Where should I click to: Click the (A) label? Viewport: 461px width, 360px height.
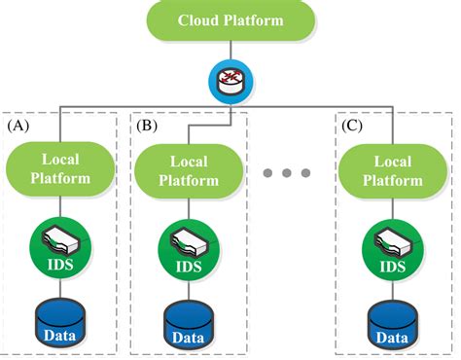click(21, 126)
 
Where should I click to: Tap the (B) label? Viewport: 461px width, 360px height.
click(149, 126)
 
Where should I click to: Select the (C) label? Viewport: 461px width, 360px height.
click(352, 126)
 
